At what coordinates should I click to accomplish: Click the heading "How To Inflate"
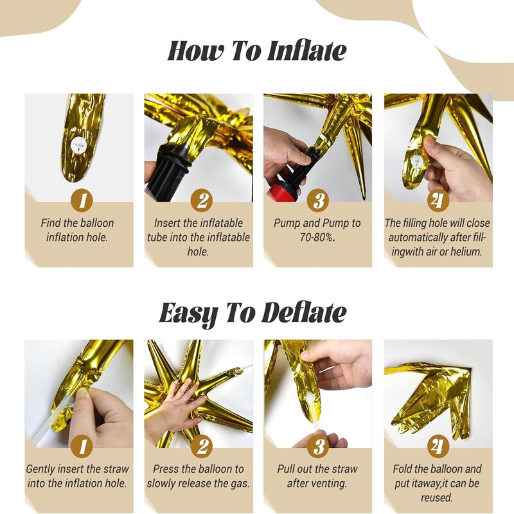256,51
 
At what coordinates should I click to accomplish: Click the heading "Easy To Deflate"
253,313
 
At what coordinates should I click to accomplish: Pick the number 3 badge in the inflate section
317,201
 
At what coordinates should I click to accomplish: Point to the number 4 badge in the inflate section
438,201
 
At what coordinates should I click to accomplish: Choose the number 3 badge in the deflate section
317,447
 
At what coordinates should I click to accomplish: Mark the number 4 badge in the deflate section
438,447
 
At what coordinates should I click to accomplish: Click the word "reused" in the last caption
437,498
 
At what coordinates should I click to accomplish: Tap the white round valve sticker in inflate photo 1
79,146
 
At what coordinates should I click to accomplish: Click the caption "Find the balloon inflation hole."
78,230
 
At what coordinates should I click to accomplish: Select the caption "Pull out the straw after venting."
317,476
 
